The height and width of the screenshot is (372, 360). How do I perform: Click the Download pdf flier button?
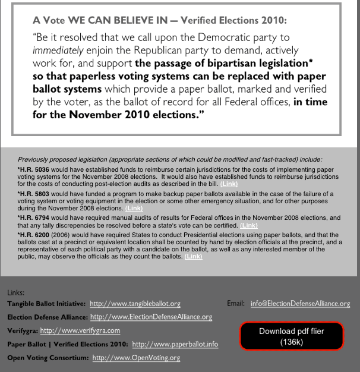click(292, 336)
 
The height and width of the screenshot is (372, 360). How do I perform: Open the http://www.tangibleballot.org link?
click(135, 304)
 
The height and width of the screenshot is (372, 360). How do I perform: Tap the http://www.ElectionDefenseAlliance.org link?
click(151, 317)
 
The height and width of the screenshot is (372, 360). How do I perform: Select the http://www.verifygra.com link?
click(80, 330)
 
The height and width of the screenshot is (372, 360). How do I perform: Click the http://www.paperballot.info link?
click(175, 344)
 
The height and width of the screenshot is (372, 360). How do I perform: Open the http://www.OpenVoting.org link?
click(136, 358)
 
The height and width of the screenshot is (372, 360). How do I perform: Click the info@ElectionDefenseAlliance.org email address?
click(300, 304)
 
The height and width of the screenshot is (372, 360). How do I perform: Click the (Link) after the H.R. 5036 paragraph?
click(230, 184)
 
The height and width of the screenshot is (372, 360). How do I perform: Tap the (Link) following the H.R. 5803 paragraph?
click(134, 209)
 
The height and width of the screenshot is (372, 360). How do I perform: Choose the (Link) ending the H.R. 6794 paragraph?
click(249, 226)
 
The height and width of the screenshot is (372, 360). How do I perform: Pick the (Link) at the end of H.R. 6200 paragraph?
click(193, 257)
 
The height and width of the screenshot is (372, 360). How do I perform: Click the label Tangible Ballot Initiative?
click(46, 304)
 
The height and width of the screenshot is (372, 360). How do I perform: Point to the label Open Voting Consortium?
click(48, 358)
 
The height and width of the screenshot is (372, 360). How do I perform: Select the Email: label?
click(235, 304)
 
